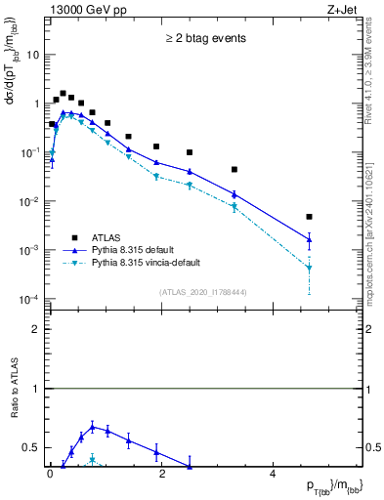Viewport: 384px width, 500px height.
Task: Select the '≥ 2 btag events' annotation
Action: tap(206, 39)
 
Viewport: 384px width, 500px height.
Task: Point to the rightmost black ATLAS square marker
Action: tap(309, 217)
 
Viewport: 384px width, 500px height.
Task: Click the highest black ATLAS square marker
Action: tap(63, 94)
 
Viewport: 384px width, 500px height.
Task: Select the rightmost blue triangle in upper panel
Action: tap(309, 239)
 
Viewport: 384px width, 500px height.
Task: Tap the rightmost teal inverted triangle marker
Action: tap(309, 268)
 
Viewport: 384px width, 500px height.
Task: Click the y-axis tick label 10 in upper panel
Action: tap(33, 55)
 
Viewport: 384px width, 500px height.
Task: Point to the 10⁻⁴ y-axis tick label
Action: tap(30, 299)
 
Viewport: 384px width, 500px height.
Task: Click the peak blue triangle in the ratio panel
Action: tap(93, 427)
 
